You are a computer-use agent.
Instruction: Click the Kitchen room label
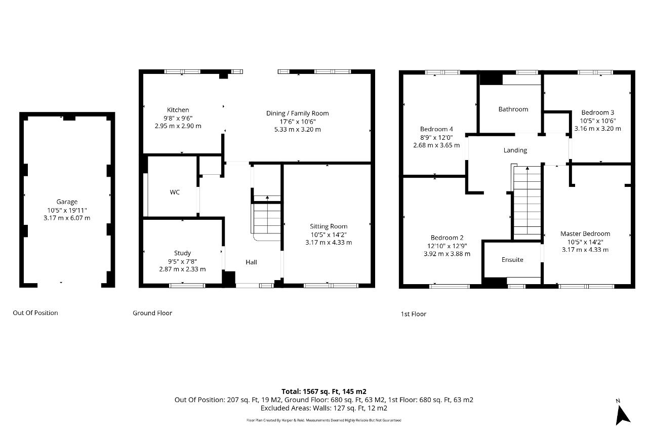click(x=178, y=110)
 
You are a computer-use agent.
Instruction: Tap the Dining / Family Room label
click(x=297, y=113)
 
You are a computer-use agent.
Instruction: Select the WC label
click(x=175, y=192)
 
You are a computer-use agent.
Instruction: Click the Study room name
click(x=182, y=253)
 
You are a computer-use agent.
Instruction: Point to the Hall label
click(x=251, y=262)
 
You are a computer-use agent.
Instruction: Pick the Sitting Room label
click(x=329, y=226)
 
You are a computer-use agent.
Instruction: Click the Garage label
click(x=67, y=202)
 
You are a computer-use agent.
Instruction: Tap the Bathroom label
click(x=513, y=109)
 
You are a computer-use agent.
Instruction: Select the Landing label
click(x=515, y=150)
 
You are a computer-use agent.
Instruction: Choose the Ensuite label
click(x=512, y=260)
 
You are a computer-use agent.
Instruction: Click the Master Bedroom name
click(x=585, y=233)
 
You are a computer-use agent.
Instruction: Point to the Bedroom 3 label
click(x=597, y=112)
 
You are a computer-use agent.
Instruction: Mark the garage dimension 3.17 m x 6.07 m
click(x=67, y=218)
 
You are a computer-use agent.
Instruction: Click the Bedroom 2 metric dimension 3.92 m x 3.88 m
click(x=447, y=254)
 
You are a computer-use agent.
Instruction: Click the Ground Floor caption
click(x=152, y=313)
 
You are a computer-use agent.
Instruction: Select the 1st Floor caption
click(x=413, y=314)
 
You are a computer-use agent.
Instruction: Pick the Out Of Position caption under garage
click(x=35, y=313)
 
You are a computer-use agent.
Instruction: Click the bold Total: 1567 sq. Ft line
click(x=323, y=391)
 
